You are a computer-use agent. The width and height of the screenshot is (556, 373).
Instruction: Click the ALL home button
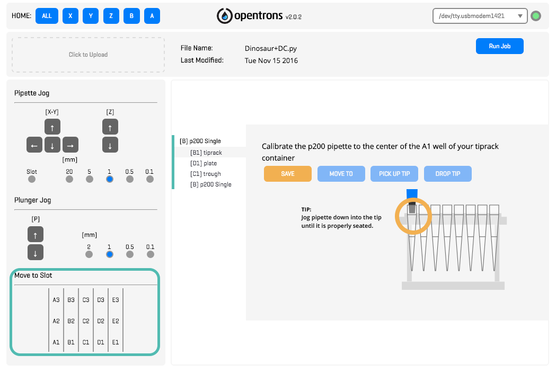[x=47, y=16]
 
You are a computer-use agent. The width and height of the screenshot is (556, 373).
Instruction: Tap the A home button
[x=152, y=16]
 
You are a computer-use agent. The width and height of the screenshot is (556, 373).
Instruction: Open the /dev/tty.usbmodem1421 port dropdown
[x=480, y=16]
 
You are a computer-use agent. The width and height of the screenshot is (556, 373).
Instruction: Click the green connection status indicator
[x=536, y=16]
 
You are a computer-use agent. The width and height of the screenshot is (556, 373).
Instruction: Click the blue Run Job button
[x=500, y=46]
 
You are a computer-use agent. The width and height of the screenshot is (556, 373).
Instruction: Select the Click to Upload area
[x=89, y=55]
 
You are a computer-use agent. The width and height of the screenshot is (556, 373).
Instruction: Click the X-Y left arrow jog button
[x=34, y=145]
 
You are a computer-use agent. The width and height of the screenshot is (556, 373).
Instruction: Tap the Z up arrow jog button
[x=110, y=127]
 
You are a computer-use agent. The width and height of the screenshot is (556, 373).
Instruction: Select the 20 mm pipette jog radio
[x=69, y=179]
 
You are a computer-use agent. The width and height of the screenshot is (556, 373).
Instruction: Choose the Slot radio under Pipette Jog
[x=32, y=179]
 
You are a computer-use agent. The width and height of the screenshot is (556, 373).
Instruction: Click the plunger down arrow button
[x=36, y=252]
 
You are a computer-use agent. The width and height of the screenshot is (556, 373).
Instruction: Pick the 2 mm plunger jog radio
[x=89, y=254]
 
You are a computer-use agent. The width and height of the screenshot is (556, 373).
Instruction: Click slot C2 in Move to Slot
[x=86, y=321]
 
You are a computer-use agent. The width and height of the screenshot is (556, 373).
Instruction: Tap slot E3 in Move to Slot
[x=116, y=300]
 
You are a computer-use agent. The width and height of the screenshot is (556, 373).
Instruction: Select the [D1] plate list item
[x=204, y=164]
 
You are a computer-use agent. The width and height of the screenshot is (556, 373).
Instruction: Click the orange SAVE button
[x=288, y=174]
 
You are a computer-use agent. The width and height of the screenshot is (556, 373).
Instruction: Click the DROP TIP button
[x=448, y=174]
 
